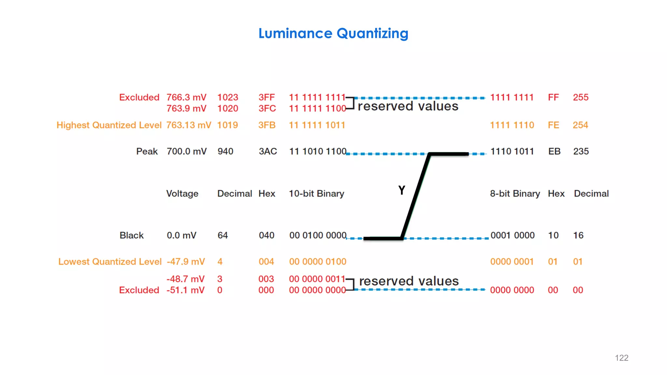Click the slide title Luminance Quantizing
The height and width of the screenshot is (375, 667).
[333, 34]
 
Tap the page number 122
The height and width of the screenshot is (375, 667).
[621, 358]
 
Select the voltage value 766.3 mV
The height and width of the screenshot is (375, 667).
[186, 97]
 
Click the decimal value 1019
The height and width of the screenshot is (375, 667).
[227, 125]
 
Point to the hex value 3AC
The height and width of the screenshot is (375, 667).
[268, 151]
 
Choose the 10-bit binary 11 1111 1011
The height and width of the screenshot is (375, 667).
[317, 125]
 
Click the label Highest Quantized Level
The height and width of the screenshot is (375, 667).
[109, 125]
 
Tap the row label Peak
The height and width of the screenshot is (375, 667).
[147, 151]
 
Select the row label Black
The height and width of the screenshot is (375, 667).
[131, 235]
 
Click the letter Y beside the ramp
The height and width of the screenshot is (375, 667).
[402, 190]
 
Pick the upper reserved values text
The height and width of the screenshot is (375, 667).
[408, 106]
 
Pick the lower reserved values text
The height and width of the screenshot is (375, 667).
[409, 281]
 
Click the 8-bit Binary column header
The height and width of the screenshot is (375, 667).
[515, 194]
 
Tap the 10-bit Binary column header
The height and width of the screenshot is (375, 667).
[316, 194]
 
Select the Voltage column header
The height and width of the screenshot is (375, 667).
[182, 194]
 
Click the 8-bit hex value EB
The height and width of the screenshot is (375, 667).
[554, 151]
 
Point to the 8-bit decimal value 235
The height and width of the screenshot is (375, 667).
[581, 151]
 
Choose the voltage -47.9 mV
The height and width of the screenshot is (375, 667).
[186, 262]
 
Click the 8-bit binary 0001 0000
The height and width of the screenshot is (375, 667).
[512, 235]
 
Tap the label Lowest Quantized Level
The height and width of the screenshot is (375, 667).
[110, 262]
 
